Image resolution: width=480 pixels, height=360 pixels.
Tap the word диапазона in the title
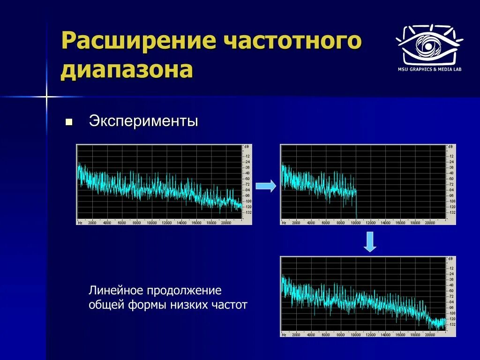[127, 70]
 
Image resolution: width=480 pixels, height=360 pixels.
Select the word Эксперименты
[143, 121]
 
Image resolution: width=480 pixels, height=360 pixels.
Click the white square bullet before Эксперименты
[69, 122]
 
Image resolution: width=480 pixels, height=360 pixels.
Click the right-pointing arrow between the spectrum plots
[266, 186]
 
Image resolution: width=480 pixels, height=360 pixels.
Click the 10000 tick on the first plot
[151, 223]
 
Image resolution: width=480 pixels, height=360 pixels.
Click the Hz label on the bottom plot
[284, 335]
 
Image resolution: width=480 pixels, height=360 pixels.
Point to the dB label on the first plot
[246, 147]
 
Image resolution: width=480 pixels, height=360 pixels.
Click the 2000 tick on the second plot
[296, 223]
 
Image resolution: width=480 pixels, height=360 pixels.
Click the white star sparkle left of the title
[46, 97]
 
